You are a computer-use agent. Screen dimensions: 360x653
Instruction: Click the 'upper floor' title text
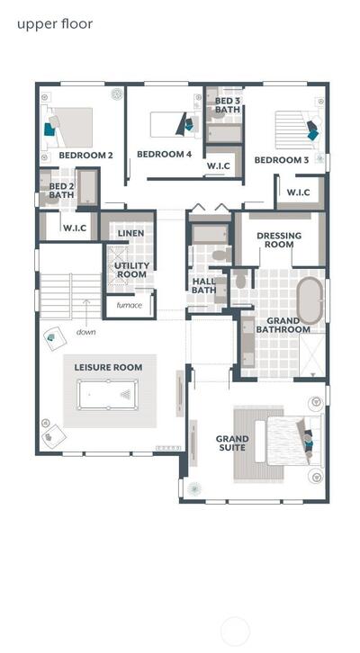(x=55, y=24)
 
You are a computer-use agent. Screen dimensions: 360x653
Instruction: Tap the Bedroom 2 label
(x=85, y=156)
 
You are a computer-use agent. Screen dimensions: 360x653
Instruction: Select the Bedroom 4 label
(x=164, y=154)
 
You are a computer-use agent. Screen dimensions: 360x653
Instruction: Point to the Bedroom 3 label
(x=282, y=160)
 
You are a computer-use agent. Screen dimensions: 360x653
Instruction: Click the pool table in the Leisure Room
(x=107, y=394)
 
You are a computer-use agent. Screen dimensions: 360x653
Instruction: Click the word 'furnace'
(x=130, y=305)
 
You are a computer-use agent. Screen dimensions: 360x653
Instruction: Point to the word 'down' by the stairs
(x=85, y=332)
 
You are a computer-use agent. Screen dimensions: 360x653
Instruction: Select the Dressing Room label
(x=279, y=240)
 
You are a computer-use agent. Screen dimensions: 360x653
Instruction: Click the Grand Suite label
(x=232, y=443)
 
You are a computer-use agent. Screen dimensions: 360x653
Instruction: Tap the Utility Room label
(x=131, y=270)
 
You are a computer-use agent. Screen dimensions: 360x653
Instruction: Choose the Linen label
(x=130, y=233)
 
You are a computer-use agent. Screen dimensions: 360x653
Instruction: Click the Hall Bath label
(x=203, y=286)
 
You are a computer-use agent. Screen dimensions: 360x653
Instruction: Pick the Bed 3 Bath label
(x=228, y=105)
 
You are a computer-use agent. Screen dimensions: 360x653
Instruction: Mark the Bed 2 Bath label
(x=61, y=191)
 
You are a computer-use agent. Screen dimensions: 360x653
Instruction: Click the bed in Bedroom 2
(x=69, y=128)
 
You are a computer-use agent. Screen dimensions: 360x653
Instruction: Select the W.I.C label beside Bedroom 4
(x=219, y=165)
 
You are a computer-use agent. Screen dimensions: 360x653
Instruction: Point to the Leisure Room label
(x=108, y=367)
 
